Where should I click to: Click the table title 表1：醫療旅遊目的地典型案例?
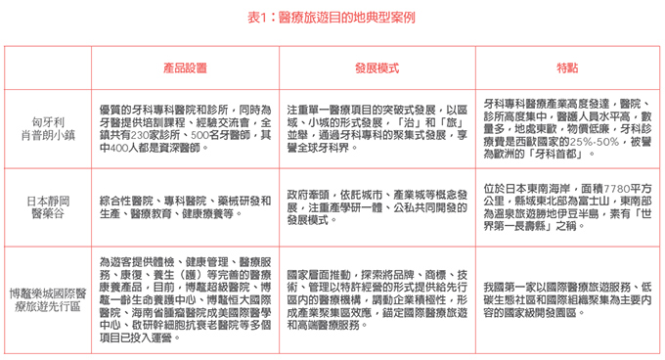click(332, 17)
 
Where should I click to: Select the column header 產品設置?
click(184, 68)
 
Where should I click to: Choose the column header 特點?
click(565, 68)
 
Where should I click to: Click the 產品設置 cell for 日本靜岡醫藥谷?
click(184, 207)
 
